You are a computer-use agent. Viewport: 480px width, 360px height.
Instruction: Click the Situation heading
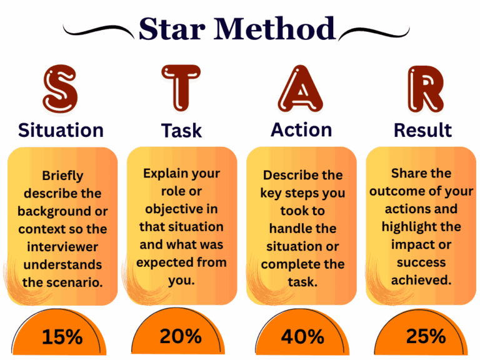pyautogui.click(x=61, y=130)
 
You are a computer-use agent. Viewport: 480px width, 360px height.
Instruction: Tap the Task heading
pyautogui.click(x=181, y=130)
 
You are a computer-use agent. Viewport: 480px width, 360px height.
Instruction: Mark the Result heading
pyautogui.click(x=422, y=130)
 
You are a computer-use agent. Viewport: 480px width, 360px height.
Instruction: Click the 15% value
pyautogui.click(x=62, y=337)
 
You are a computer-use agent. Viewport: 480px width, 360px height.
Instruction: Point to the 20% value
pyautogui.click(x=181, y=336)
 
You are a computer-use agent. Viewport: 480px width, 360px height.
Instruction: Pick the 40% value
pyautogui.click(x=302, y=337)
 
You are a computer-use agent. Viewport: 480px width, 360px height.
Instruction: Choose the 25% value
pyautogui.click(x=426, y=336)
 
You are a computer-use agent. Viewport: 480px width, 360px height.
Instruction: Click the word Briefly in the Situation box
pyautogui.click(x=62, y=176)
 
